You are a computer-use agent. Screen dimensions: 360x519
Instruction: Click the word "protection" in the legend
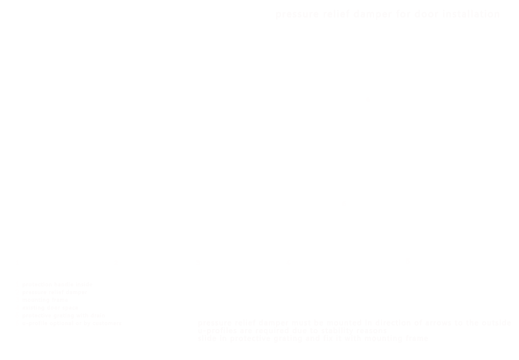point(37,284)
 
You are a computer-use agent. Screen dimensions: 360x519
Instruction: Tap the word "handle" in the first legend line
point(64,284)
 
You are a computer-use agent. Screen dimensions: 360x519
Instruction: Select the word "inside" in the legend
point(84,284)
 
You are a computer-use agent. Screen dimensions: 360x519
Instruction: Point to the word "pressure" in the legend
point(35,292)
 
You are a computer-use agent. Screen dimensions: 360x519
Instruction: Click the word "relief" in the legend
point(57,292)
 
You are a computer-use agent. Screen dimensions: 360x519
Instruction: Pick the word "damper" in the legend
point(76,292)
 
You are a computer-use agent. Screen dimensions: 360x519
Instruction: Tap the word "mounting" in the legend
point(36,300)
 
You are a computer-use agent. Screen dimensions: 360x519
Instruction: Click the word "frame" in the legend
point(60,300)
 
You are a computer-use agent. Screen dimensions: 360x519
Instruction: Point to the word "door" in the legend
point(54,308)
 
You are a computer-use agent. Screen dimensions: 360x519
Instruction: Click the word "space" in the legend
point(70,308)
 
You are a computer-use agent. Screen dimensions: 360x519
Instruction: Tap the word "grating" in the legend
point(63,316)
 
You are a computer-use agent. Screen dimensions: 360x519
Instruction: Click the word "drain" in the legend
point(98,316)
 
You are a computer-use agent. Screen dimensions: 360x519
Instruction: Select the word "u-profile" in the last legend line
point(35,324)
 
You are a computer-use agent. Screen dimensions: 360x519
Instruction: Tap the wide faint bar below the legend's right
point(354,331)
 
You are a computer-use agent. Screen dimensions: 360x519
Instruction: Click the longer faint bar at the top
point(333,14)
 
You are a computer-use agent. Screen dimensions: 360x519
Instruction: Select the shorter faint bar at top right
point(447,13)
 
